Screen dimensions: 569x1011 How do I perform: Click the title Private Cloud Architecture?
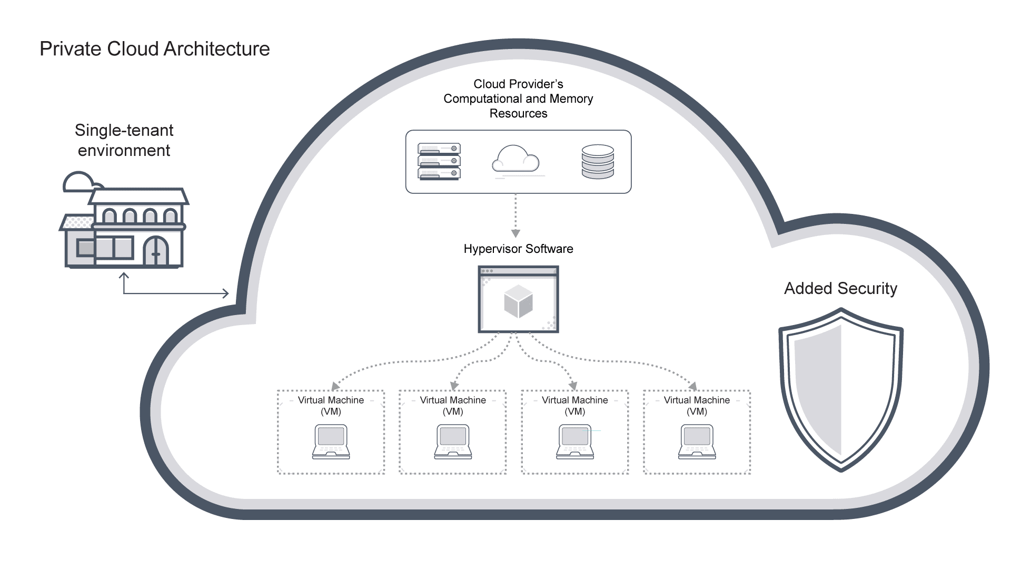click(154, 49)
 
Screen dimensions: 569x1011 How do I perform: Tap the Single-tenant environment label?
click(124, 140)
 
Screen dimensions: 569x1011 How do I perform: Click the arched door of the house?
click(156, 252)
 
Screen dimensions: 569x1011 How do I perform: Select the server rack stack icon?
click(439, 162)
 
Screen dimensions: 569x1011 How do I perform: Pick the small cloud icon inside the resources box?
click(516, 159)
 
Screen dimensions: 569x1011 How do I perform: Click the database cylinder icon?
click(598, 162)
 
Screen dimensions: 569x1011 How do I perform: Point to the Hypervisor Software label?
click(518, 249)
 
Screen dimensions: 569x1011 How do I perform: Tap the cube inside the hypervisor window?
click(518, 302)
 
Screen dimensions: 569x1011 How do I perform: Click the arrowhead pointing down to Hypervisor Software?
click(516, 233)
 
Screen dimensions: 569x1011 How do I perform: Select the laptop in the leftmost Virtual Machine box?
click(331, 442)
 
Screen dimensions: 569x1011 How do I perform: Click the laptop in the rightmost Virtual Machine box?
click(697, 442)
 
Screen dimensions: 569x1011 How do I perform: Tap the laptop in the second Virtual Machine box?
click(453, 442)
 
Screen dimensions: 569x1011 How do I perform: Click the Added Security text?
click(840, 289)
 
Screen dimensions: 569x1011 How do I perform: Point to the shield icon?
click(841, 390)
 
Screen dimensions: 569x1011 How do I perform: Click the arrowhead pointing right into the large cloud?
click(226, 293)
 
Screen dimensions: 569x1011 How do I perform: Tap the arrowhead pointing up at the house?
click(124, 276)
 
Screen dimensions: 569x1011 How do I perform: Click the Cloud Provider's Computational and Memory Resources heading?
click(518, 99)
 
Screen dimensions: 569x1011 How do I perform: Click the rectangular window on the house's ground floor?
click(105, 248)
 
